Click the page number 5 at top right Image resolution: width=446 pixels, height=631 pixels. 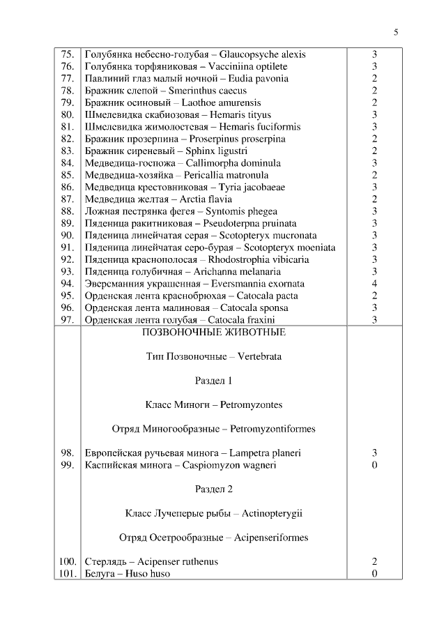(396, 32)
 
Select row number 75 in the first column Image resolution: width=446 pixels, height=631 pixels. (68, 54)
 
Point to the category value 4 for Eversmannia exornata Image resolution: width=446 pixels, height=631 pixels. (374, 284)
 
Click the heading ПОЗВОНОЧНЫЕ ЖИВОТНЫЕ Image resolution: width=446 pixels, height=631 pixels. (213, 333)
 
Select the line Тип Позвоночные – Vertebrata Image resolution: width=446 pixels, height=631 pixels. (213, 356)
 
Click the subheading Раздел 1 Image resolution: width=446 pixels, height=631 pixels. (213, 381)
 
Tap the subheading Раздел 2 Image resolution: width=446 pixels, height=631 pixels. (213, 489)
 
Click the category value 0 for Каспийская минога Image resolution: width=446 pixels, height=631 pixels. (374, 465)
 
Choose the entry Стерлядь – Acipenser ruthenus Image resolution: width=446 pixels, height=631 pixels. (151, 561)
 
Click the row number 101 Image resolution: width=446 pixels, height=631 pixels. (68, 574)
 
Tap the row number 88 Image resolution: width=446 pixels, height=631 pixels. (68, 211)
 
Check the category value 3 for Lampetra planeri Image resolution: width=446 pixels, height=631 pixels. (374, 453)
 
